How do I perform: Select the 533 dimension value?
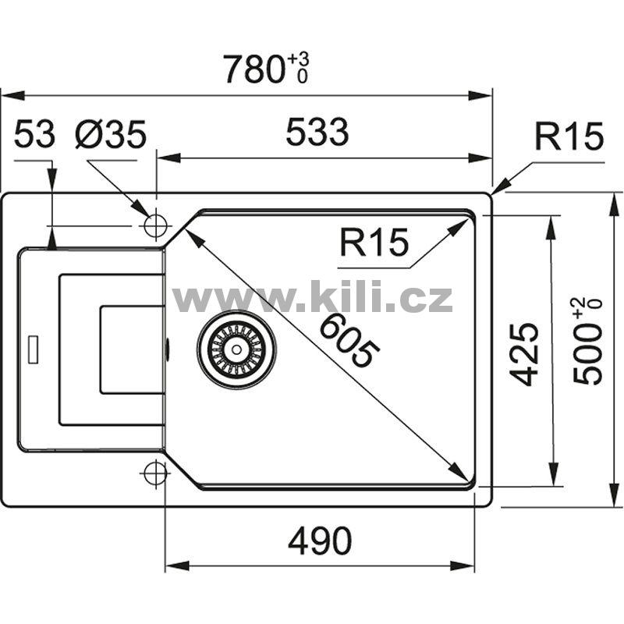[317, 131]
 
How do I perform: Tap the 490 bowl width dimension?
[320, 541]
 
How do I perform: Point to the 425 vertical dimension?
[524, 354]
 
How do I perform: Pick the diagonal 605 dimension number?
[349, 340]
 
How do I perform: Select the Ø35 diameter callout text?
[111, 134]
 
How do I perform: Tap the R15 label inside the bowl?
[374, 242]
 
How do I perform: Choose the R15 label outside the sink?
[569, 136]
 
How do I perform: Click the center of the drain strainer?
[236, 349]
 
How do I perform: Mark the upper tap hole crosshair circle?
[155, 225]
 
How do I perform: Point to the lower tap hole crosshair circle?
[155, 473]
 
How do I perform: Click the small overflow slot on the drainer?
[33, 349]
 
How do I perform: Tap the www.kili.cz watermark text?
[312, 297]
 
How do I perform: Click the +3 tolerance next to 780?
[298, 60]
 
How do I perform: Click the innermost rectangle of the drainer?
[133, 349]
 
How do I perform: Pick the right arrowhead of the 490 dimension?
[463, 565]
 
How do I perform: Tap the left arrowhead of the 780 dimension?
[13, 95]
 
